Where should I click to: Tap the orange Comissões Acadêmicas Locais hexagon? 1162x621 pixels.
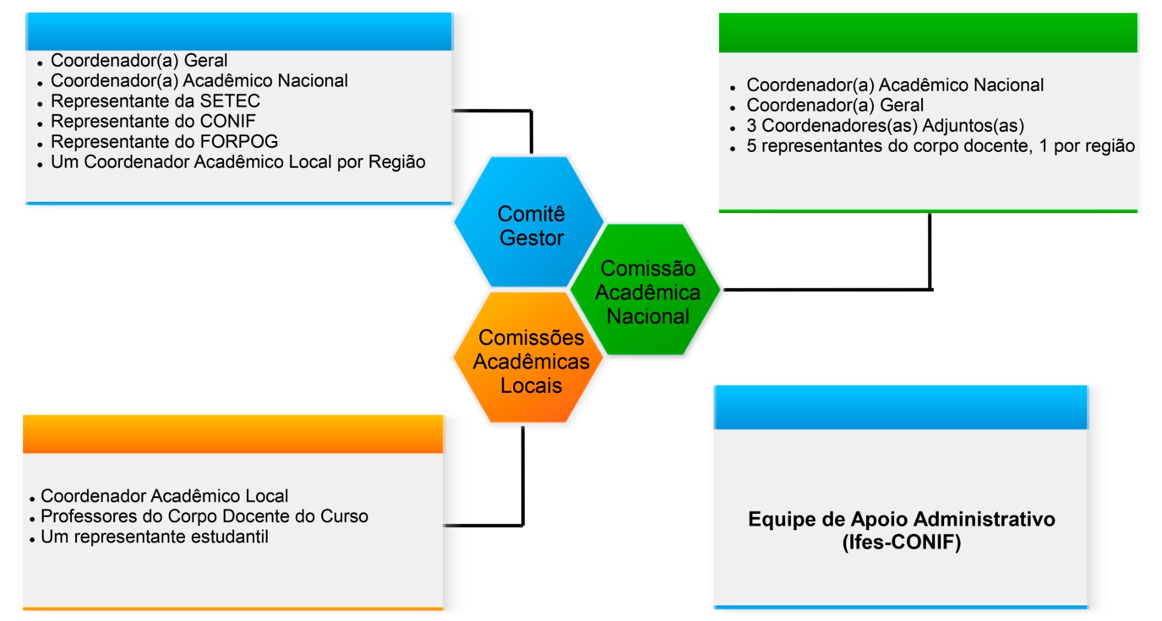pos(530,361)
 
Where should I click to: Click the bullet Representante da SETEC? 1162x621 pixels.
pos(155,101)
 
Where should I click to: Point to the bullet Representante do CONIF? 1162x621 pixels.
pos(153,121)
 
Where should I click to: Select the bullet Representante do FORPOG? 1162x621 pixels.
pos(164,142)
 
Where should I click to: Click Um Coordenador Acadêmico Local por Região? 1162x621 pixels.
pos(238,162)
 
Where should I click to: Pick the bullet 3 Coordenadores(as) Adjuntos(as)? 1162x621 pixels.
pos(885,126)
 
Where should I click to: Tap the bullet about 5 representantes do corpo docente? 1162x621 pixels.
pos(940,146)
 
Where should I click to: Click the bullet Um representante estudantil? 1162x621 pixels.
pos(154,537)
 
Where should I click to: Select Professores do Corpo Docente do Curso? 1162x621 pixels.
pos(204,516)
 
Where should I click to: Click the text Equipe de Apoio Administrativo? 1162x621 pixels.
pos(901,519)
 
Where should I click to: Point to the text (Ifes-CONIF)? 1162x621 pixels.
pos(901,542)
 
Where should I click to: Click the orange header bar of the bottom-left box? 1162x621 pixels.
pos(233,435)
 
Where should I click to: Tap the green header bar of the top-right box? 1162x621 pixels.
pos(928,33)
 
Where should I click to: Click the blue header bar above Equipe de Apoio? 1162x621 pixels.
pos(901,407)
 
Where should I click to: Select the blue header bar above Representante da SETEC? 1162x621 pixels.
pos(239,31)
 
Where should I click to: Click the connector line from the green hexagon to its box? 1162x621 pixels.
pos(930,254)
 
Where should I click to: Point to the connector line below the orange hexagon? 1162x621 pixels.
pos(523,478)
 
